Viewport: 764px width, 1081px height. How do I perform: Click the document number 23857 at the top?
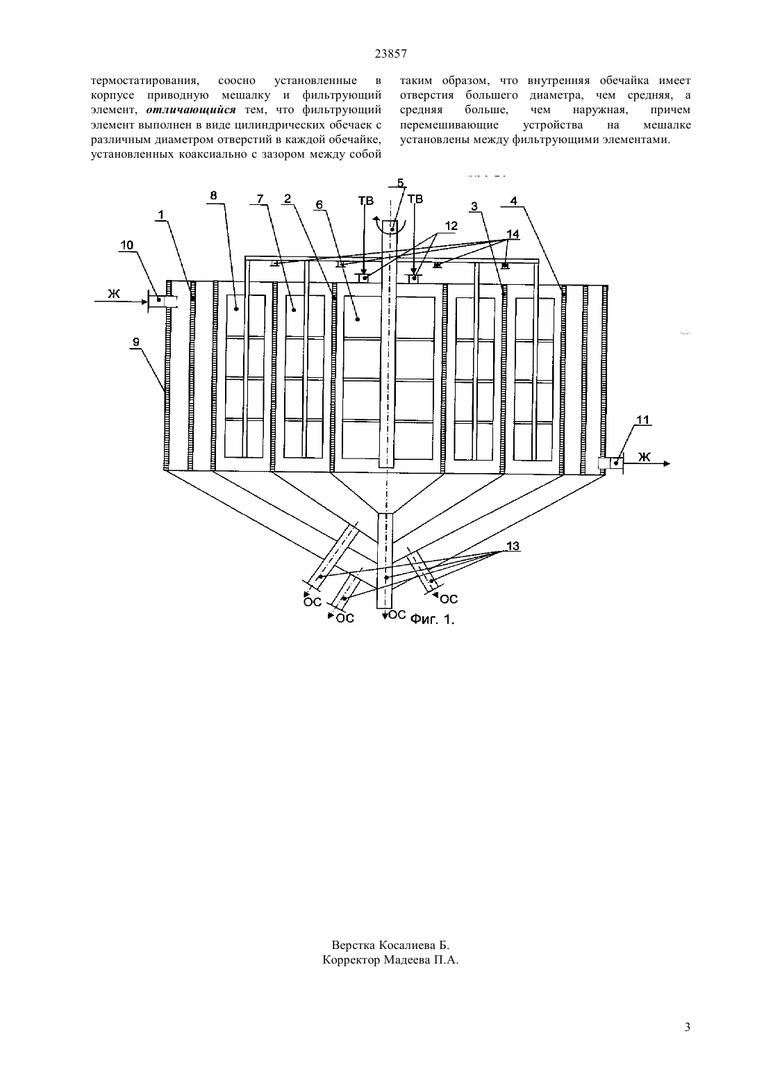pyautogui.click(x=390, y=54)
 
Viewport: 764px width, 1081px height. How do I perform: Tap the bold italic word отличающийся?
pyautogui.click(x=191, y=110)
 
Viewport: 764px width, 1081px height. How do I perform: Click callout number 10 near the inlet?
pyautogui.click(x=127, y=245)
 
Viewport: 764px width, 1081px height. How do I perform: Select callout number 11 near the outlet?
pyautogui.click(x=643, y=420)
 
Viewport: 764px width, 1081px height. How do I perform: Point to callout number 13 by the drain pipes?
pyautogui.click(x=513, y=546)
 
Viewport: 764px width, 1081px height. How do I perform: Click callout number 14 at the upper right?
pyautogui.click(x=513, y=234)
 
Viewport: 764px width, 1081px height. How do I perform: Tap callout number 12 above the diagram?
pyautogui.click(x=451, y=226)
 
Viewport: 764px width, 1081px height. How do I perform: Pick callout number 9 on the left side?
pyautogui.click(x=136, y=343)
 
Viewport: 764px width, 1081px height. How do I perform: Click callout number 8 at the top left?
pyautogui.click(x=213, y=195)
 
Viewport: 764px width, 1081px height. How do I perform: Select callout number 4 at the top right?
pyautogui.click(x=514, y=201)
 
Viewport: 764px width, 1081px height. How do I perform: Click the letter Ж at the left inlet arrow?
pyautogui.click(x=113, y=293)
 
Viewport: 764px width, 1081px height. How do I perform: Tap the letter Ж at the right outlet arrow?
pyautogui.click(x=645, y=456)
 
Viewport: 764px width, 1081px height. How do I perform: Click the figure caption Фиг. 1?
pyautogui.click(x=433, y=619)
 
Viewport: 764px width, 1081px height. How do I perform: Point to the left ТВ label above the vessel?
pyautogui.click(x=366, y=201)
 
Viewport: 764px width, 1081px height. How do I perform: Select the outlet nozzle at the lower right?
pyautogui.click(x=611, y=463)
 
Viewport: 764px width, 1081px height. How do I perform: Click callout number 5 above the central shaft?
pyautogui.click(x=401, y=183)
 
